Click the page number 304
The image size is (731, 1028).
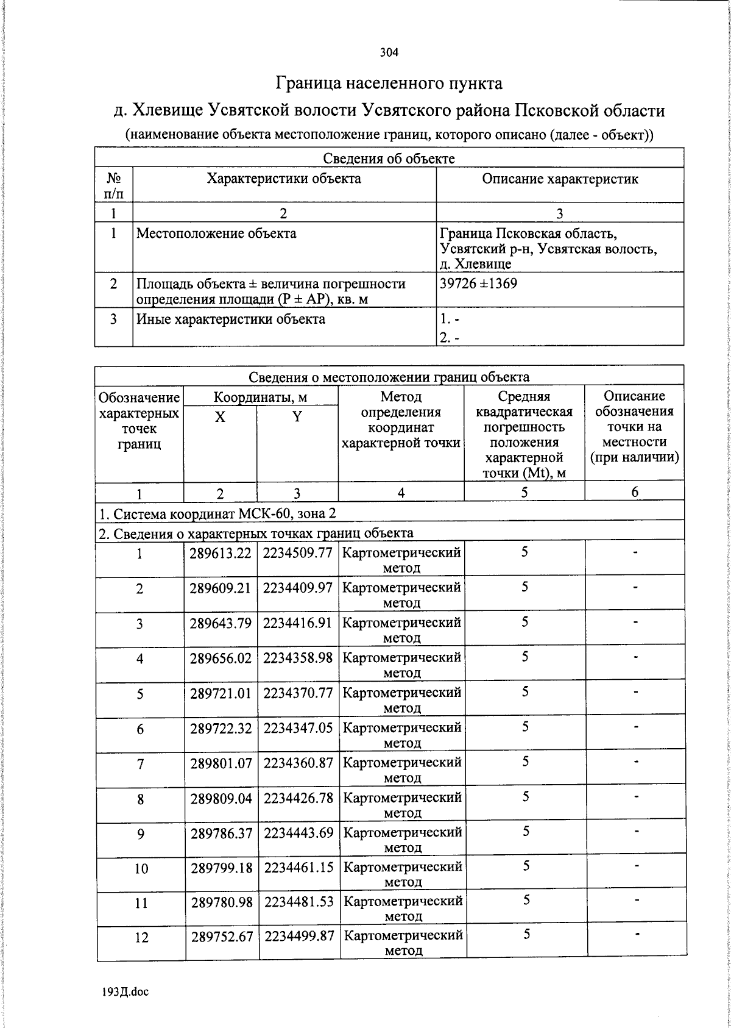[389, 52]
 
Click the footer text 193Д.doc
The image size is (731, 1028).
[125, 992]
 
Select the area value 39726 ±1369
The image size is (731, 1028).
[478, 284]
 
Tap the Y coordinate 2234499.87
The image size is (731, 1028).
[298, 936]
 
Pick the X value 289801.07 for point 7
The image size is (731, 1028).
[221, 763]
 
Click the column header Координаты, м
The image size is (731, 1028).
[260, 398]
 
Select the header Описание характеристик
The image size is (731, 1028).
[560, 179]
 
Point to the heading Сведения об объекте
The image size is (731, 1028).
[389, 159]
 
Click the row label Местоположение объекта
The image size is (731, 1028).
[216, 233]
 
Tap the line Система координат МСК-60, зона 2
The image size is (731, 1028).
[217, 512]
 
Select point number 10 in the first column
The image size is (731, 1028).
[141, 868]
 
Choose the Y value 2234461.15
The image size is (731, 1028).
[298, 866]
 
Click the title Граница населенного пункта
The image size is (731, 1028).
[389, 82]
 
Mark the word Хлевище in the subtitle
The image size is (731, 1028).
[168, 111]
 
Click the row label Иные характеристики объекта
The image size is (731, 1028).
[230, 319]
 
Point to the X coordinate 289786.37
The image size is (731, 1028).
[221, 832]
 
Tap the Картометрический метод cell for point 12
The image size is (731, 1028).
[402, 943]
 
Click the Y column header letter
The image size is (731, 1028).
[297, 417]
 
